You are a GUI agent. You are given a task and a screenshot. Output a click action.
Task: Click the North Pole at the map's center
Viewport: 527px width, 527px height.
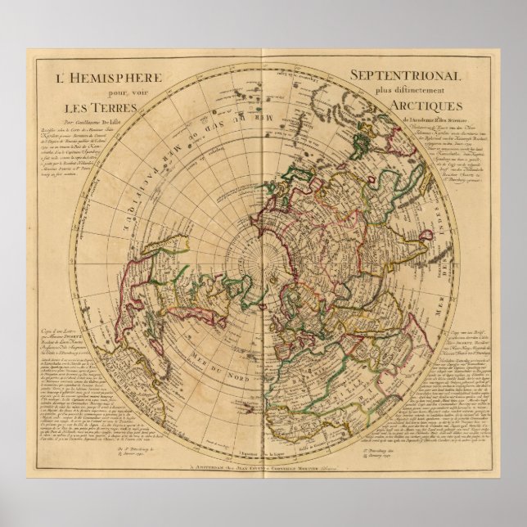263,263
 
